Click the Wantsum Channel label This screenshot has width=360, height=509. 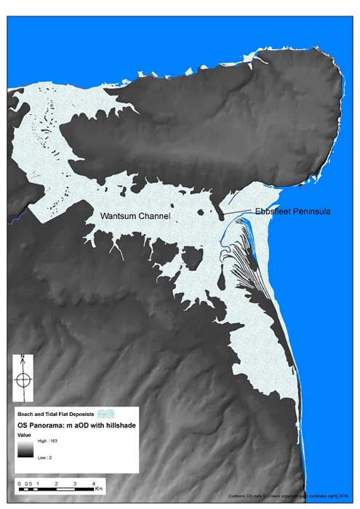point(134,217)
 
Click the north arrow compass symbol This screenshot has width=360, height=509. point(23,380)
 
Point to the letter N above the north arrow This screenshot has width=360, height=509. point(23,358)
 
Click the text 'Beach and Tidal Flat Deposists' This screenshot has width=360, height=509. point(52,412)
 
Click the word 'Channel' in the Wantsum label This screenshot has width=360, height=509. point(152,217)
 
